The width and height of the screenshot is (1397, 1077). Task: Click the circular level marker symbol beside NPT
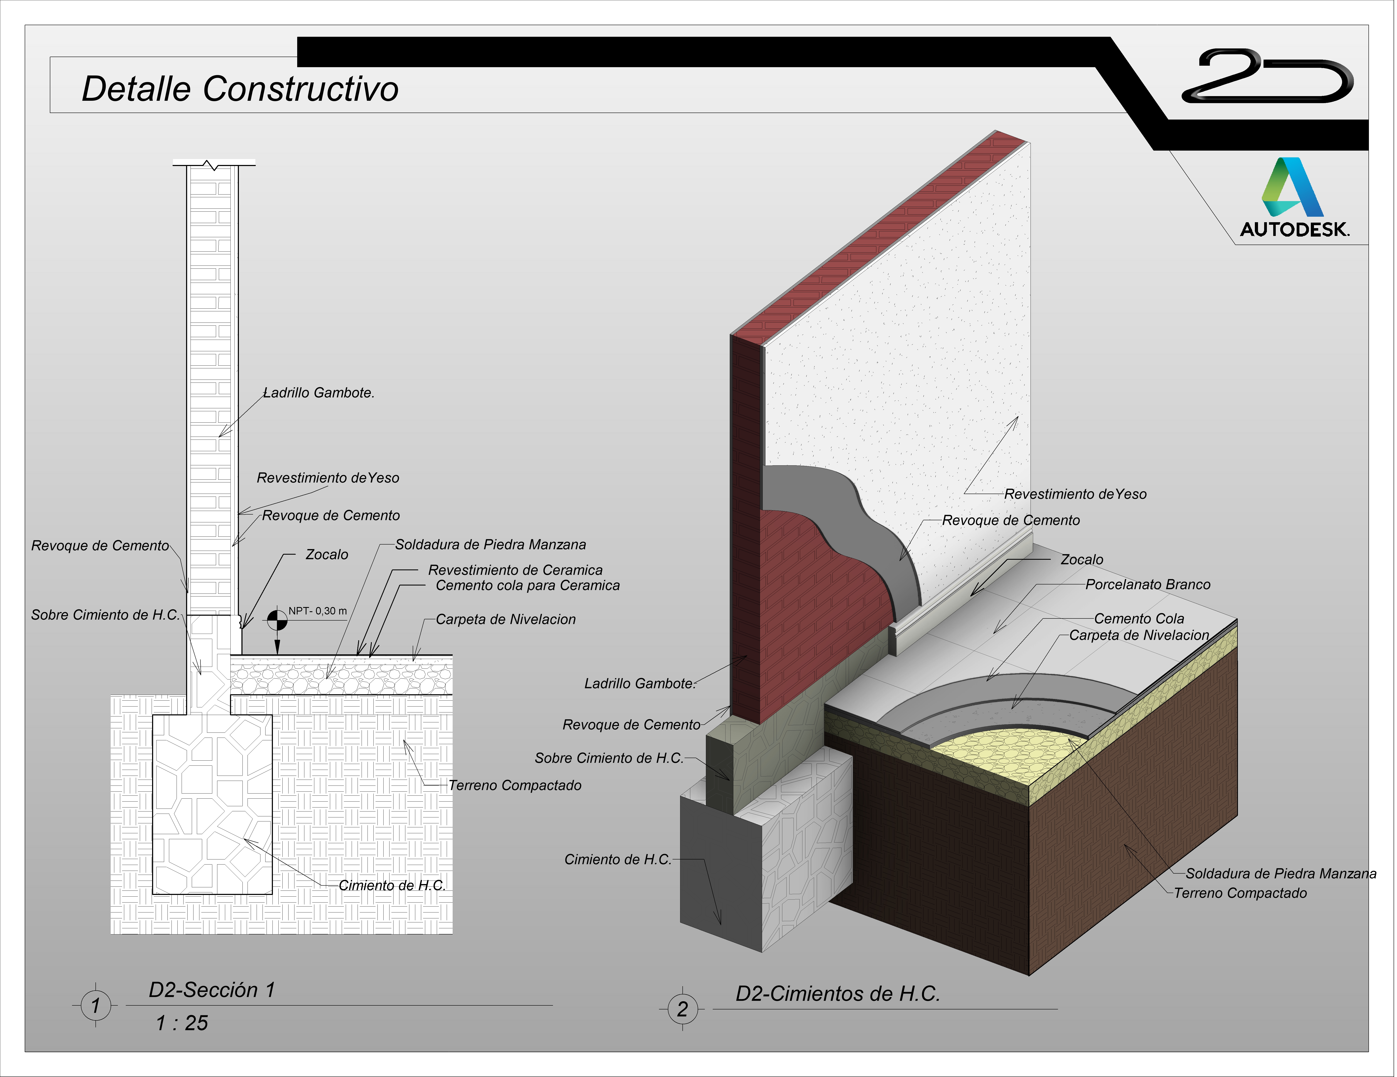pos(277,619)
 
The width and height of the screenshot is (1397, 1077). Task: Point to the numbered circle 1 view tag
pos(95,1005)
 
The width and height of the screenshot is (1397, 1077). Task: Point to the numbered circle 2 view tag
pos(682,1009)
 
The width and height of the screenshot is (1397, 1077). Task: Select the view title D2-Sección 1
pos(212,990)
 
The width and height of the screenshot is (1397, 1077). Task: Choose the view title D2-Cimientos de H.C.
pos(837,994)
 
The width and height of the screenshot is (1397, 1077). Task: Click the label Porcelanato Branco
pos(1148,585)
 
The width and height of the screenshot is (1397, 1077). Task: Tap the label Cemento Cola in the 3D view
pos(1139,618)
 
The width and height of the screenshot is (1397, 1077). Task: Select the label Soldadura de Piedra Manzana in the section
pos(490,545)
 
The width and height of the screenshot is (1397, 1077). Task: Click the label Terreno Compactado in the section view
pos(515,785)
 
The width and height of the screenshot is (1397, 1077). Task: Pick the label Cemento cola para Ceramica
pos(528,586)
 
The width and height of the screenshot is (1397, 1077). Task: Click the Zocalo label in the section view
pos(327,554)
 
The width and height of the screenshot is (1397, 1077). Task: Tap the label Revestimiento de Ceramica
pos(515,570)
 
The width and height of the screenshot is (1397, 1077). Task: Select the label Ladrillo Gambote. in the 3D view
pos(639,684)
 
